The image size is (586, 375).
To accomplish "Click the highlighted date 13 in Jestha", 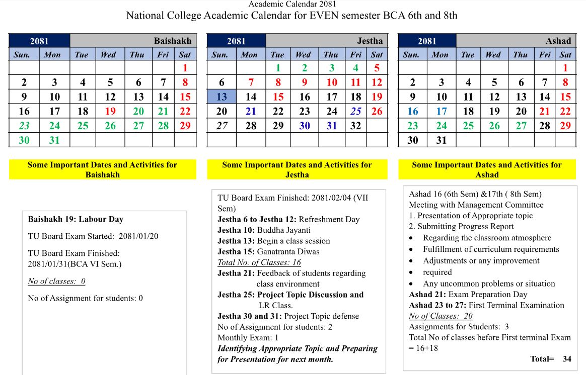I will coord(222,97).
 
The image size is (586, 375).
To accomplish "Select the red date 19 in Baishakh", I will coord(110,111).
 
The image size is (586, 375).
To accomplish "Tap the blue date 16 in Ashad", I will coord(413,111).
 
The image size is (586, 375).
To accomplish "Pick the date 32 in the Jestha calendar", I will coord(356,126).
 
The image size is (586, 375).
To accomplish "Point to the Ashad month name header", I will coord(558,41).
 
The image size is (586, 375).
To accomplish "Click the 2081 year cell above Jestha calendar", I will coord(236,41).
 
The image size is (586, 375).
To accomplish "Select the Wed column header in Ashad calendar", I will coord(493,55).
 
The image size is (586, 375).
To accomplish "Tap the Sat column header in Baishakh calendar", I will coord(185,55).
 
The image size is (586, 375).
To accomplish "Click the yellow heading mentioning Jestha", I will coord(297,169).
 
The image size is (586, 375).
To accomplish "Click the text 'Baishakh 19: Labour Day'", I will coord(76,219).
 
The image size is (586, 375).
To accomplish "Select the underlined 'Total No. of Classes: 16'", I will coord(259,262).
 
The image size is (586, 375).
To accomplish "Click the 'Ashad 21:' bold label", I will coord(427,295).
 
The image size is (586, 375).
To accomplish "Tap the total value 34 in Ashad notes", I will coord(567,359).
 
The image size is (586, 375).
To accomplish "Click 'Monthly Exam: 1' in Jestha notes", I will coord(248,338).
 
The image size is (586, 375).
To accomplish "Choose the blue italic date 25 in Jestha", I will coord(356,111).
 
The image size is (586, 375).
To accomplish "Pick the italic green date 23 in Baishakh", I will coord(24,126).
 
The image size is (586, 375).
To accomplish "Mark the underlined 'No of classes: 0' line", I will coord(56,281).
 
